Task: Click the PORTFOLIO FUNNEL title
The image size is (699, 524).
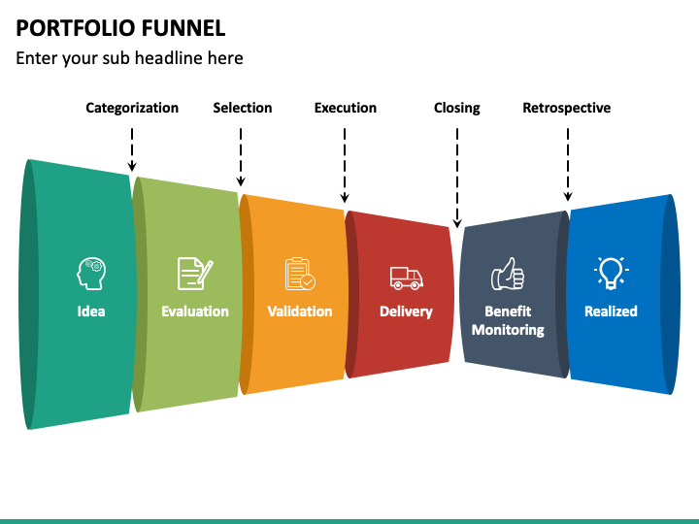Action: [x=120, y=28]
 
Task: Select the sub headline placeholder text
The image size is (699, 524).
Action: [x=129, y=58]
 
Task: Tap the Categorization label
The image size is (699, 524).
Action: [x=132, y=109]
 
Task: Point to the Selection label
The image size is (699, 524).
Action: [x=242, y=108]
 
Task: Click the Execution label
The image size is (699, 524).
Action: [x=345, y=108]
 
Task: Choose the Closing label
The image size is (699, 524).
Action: [x=457, y=109]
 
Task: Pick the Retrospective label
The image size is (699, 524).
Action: [x=567, y=109]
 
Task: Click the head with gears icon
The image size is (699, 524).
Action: [x=91, y=274]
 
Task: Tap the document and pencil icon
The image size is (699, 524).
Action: [x=195, y=274]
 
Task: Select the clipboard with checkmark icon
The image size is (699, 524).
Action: [x=300, y=274]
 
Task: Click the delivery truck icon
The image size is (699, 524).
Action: [x=406, y=278]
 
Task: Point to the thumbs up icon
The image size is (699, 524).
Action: [x=508, y=274]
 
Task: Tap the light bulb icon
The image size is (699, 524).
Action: [x=611, y=273]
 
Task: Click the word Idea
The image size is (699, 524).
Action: [x=91, y=311]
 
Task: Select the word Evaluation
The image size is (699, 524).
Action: [x=195, y=311]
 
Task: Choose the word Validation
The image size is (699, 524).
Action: [x=300, y=311]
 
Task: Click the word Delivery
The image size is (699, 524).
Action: [x=406, y=311]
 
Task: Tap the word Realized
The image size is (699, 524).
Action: [x=611, y=311]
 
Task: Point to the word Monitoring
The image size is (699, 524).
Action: [x=508, y=330]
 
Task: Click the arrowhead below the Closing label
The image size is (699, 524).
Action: [x=457, y=224]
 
